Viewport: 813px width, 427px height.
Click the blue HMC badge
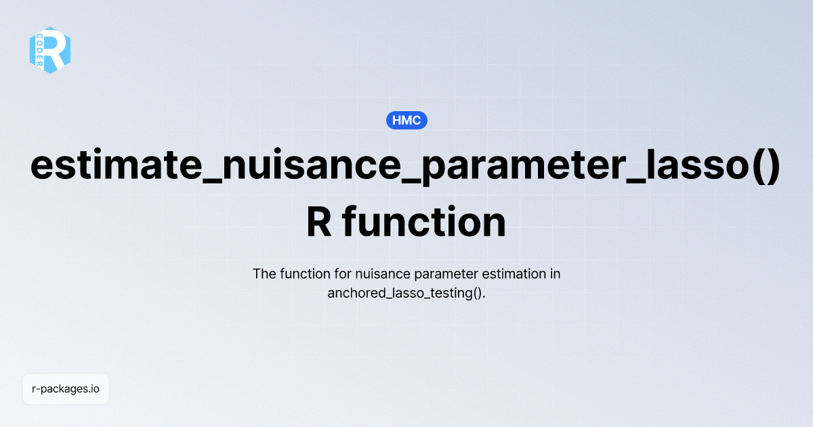pos(406,121)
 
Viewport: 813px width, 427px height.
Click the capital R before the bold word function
pos(319,222)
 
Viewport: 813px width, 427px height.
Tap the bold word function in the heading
pos(423,222)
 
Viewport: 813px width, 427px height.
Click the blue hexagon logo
pos(50,49)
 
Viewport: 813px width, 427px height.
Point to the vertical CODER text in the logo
pos(40,51)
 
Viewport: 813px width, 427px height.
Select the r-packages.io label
pos(66,389)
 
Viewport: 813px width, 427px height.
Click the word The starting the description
pos(264,274)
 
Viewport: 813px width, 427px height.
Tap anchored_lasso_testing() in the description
pos(406,293)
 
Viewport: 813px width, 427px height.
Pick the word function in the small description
pos(299,274)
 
